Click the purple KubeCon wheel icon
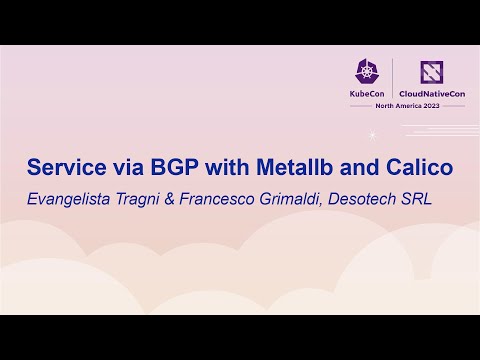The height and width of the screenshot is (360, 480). (x=367, y=71)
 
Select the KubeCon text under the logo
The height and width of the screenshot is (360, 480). (x=367, y=93)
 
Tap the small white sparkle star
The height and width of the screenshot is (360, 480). (x=373, y=133)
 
